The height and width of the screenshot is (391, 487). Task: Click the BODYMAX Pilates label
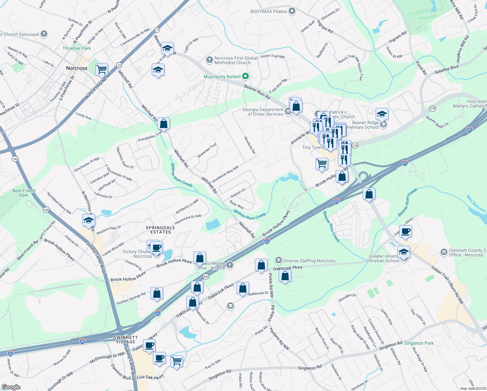pyautogui.click(x=269, y=11)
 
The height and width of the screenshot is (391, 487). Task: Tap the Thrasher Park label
pyautogui.click(x=77, y=48)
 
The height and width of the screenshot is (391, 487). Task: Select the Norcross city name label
pyautogui.click(x=77, y=68)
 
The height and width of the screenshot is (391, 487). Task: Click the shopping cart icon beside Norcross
pyautogui.click(x=102, y=69)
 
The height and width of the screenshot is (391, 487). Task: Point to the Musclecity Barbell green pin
pyautogui.click(x=246, y=77)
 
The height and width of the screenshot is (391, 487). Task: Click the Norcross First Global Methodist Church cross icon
pyautogui.click(x=209, y=60)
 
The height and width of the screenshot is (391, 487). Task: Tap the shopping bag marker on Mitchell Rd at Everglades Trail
pyautogui.click(x=163, y=124)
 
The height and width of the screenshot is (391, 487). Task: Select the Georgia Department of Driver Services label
pyautogui.click(x=263, y=112)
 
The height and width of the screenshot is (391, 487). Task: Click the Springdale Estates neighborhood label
pyautogui.click(x=160, y=230)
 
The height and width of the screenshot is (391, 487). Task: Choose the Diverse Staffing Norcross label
pyautogui.click(x=309, y=261)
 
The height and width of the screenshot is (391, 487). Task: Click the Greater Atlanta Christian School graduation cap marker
pyautogui.click(x=404, y=252)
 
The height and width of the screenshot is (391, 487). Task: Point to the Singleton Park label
pyautogui.click(x=419, y=343)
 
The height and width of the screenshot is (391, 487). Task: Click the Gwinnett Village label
pyautogui.click(x=125, y=340)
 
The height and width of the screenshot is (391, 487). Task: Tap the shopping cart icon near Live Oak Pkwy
pyautogui.click(x=176, y=360)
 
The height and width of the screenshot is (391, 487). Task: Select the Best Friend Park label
pyautogui.click(x=24, y=193)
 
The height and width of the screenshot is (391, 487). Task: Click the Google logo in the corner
pyautogui.click(x=11, y=387)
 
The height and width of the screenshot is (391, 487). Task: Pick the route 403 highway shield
pyautogui.click(x=205, y=276)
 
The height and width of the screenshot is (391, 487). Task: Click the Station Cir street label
pyautogui.click(x=238, y=193)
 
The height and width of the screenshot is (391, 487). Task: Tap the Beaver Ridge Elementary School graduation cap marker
pyautogui.click(x=382, y=114)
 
